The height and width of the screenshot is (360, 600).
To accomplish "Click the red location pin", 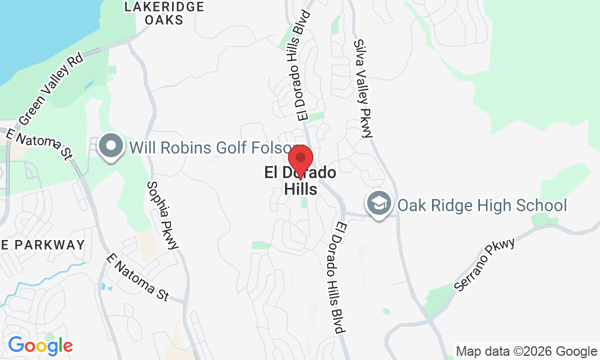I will click(300, 160).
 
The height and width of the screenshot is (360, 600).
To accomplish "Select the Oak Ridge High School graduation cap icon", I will click(379, 205).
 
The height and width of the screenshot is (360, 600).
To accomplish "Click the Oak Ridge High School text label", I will click(482, 206).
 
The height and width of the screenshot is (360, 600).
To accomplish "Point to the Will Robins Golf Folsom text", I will click(210, 147).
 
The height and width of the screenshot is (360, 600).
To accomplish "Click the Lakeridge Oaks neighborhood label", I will click(164, 13).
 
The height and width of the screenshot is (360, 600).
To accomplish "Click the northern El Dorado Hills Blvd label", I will click(301, 65).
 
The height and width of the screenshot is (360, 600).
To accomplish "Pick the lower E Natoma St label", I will click(138, 277).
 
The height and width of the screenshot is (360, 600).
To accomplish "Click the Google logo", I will click(40, 345).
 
